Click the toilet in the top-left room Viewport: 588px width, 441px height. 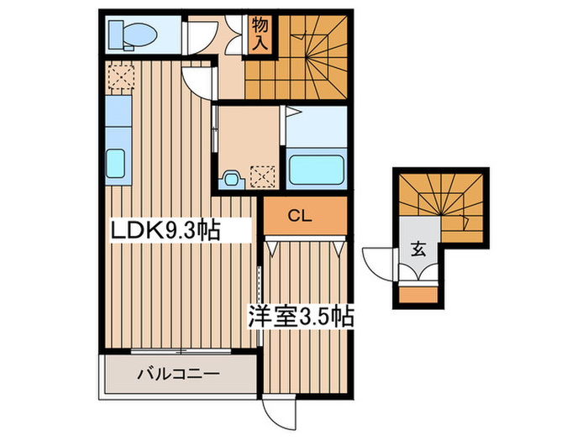click(x=133, y=35)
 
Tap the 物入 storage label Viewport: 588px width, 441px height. click(x=260, y=34)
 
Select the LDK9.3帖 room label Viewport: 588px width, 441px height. click(x=165, y=231)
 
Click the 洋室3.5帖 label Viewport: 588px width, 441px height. click(x=301, y=318)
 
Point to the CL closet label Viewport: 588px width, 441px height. click(x=300, y=216)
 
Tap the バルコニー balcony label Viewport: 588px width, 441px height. click(x=178, y=375)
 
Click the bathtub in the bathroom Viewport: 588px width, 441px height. click(x=317, y=170)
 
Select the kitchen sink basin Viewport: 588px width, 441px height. click(x=115, y=164)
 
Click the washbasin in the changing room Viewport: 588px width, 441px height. click(x=233, y=179)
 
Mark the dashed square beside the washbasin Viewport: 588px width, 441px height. click(x=262, y=177)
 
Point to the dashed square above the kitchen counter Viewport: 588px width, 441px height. click(x=121, y=76)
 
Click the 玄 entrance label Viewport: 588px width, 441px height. click(x=418, y=249)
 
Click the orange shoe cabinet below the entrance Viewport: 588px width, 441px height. click(x=418, y=295)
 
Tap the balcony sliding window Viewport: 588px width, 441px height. click(x=181, y=351)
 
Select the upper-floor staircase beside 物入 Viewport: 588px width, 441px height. click(x=296, y=58)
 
